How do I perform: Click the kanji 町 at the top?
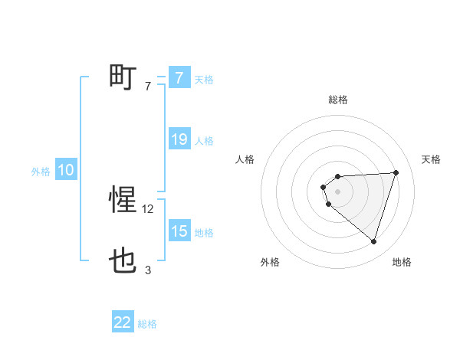click(123, 77)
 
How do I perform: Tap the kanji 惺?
click(123, 200)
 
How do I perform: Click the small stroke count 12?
click(149, 208)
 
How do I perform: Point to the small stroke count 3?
click(148, 270)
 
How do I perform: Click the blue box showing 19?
click(179, 139)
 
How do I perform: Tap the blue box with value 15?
click(179, 231)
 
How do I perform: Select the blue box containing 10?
click(66, 171)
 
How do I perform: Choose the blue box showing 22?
click(123, 322)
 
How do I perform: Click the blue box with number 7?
click(179, 77)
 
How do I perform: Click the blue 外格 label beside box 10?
click(41, 172)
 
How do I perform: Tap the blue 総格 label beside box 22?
click(147, 324)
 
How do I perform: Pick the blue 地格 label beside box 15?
click(204, 233)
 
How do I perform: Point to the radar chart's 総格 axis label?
click(338, 100)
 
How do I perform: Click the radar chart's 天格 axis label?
click(432, 159)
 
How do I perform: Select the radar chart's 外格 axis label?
click(270, 262)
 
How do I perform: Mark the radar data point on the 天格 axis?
click(396, 172)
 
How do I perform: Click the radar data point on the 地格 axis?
click(373, 241)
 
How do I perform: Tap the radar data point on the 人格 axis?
click(324, 187)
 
